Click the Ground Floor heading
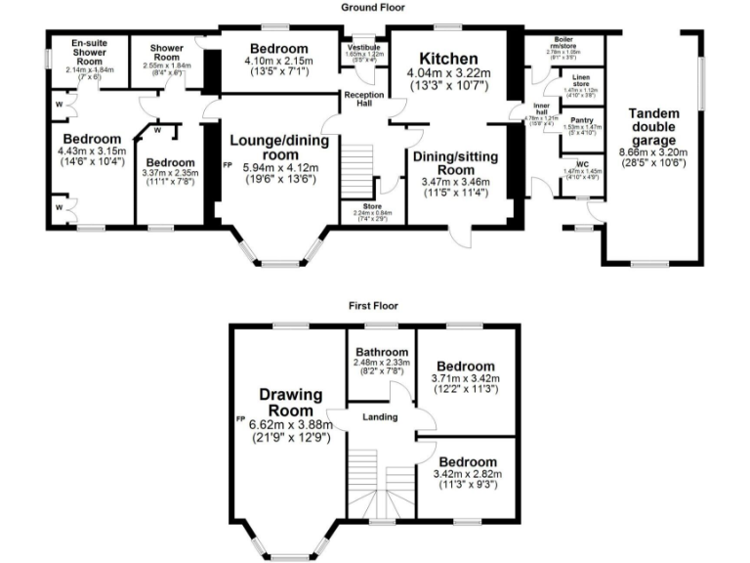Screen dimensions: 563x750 pyautogui.click(x=374, y=7)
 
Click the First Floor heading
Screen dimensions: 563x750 pyautogui.click(x=374, y=306)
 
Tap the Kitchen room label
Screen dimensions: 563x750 pyautogui.click(x=448, y=59)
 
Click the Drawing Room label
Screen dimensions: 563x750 pyautogui.click(x=291, y=402)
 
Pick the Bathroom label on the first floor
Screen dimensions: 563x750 pyautogui.click(x=381, y=352)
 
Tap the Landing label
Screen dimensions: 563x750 pyautogui.click(x=380, y=417)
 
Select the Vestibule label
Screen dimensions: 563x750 pyautogui.click(x=361, y=45)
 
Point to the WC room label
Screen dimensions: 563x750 pyautogui.click(x=581, y=163)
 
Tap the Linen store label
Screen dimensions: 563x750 pyautogui.click(x=581, y=80)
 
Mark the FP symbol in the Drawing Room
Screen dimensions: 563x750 pyautogui.click(x=239, y=418)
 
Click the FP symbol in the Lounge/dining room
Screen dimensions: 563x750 pyautogui.click(x=228, y=164)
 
